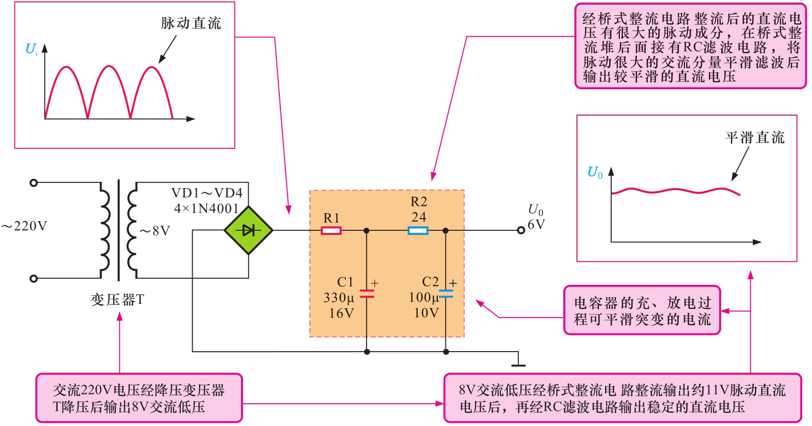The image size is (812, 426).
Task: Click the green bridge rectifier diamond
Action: pyautogui.click(x=249, y=230)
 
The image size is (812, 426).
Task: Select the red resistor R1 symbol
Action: pyautogui.click(x=331, y=230)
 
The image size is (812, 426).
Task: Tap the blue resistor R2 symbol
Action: pyautogui.click(x=418, y=231)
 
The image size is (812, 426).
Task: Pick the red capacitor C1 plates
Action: pyautogui.click(x=367, y=294)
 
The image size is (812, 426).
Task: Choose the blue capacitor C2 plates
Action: pyautogui.click(x=446, y=294)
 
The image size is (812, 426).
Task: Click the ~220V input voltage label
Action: pyautogui.click(x=24, y=226)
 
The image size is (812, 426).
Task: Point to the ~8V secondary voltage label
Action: pyautogui.click(x=155, y=231)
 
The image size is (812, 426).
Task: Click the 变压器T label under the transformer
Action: pyautogui.click(x=117, y=300)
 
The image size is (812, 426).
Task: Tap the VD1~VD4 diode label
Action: pyautogui.click(x=207, y=193)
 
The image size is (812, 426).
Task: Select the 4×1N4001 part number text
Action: pyautogui.click(x=206, y=208)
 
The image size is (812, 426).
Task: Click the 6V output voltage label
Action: pyautogui.click(x=536, y=225)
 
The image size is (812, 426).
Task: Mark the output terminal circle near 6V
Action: pyautogui.click(x=521, y=230)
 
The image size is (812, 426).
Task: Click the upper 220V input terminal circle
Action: pyautogui.click(x=34, y=183)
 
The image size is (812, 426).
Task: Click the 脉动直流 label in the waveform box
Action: pyautogui.click(x=191, y=23)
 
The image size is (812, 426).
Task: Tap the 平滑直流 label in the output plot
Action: pyautogui.click(x=755, y=138)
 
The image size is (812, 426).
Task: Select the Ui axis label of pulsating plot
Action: pyautogui.click(x=31, y=49)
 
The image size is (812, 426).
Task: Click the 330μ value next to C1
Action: pyautogui.click(x=339, y=298)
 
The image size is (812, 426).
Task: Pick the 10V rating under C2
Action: pyautogui.click(x=426, y=313)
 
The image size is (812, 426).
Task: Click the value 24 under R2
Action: pyautogui.click(x=419, y=217)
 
